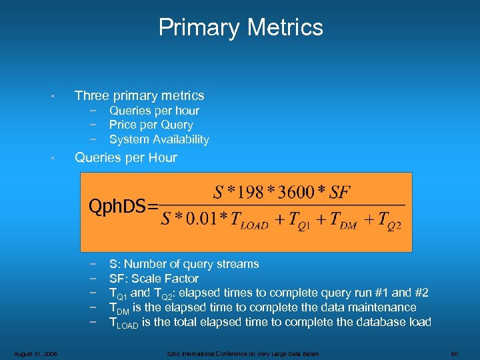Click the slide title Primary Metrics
241,27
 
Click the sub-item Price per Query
151,125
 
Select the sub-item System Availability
159,139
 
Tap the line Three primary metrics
139,96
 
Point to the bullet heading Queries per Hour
125,158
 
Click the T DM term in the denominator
343,221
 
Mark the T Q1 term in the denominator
297,221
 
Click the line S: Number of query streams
184,264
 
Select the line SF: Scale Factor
153,279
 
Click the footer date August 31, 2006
34,353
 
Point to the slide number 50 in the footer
453,353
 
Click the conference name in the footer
243,353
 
